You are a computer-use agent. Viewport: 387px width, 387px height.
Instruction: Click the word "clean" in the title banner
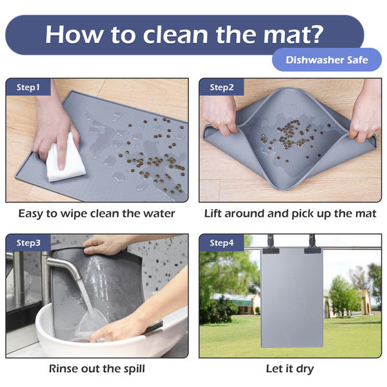175,35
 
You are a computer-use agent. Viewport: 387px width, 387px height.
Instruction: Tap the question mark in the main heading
315,34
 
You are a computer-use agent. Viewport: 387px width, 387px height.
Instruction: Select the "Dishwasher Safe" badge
327,60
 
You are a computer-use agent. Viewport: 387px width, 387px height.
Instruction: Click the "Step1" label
28,87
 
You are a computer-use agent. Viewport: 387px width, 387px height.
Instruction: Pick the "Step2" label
222,87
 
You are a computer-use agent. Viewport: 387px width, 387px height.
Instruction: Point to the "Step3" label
28,243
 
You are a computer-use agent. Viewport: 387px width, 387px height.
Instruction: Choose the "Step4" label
222,243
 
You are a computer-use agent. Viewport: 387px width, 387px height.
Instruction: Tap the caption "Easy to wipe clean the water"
97,213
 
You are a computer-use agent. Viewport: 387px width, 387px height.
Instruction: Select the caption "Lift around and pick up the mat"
290,213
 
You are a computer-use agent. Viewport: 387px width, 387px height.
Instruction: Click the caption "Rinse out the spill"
97,369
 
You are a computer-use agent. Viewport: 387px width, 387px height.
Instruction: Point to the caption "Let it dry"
290,369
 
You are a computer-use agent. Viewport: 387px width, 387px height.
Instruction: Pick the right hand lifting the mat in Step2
365,111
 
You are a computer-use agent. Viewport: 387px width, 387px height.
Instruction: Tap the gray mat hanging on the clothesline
292,297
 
